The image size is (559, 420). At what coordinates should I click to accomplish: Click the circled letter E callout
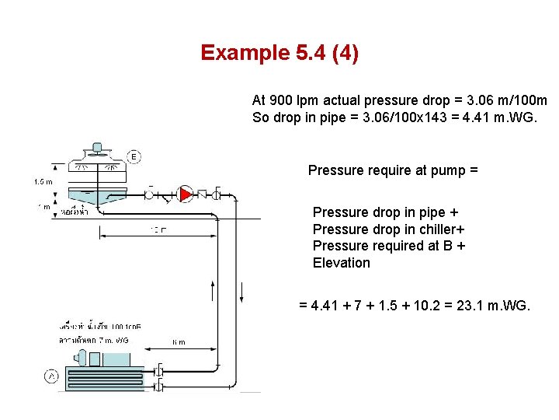(x=134, y=157)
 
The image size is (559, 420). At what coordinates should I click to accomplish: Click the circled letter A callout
(x=51, y=376)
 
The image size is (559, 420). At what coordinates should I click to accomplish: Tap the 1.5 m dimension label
(x=43, y=181)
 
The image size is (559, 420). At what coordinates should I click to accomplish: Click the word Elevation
(x=342, y=263)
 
